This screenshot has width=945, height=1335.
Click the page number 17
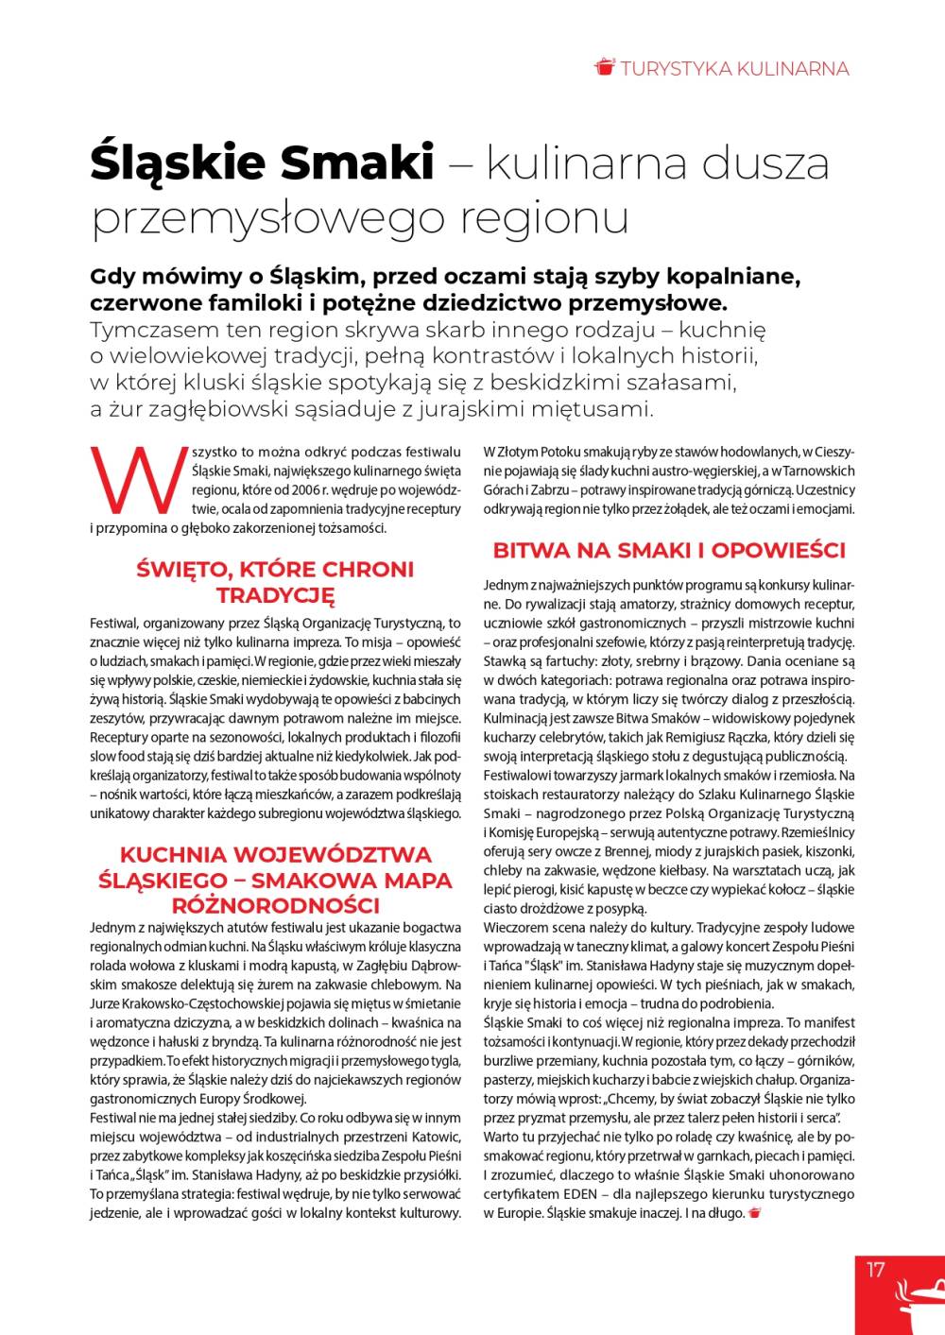coord(876,1270)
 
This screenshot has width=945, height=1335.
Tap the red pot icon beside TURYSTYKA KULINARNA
coord(605,67)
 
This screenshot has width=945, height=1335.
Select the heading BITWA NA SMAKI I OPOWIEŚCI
coord(669,551)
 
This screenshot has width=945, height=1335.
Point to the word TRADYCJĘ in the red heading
coord(275,596)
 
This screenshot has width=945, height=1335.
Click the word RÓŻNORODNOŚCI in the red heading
coord(275,905)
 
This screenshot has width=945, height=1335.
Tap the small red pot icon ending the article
coord(754,1213)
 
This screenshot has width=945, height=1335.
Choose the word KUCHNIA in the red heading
coord(173,854)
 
